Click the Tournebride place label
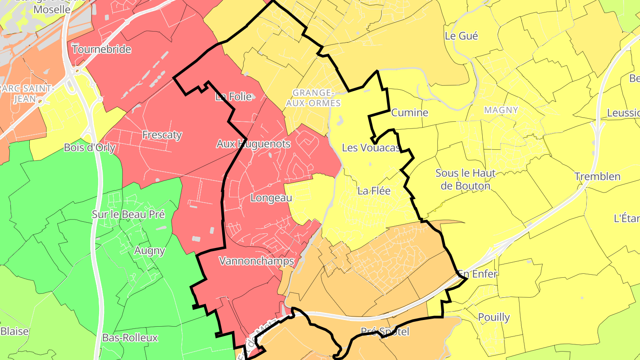[x=101, y=49]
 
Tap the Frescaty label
[x=162, y=135]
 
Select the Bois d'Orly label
[x=90, y=148]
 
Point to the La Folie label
[x=233, y=97]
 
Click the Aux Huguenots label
[x=253, y=144]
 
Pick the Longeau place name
[x=271, y=198]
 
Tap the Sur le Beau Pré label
[x=128, y=214]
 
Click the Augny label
[x=149, y=251]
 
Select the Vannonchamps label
[x=256, y=261]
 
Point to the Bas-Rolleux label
[x=130, y=338]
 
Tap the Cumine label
[x=409, y=112]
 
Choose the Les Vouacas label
[x=371, y=148]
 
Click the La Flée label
[x=374, y=191]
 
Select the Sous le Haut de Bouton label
[x=465, y=179]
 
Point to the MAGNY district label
[x=501, y=110]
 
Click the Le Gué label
[x=461, y=36]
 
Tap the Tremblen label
[x=597, y=176]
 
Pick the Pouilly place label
[x=494, y=317]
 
